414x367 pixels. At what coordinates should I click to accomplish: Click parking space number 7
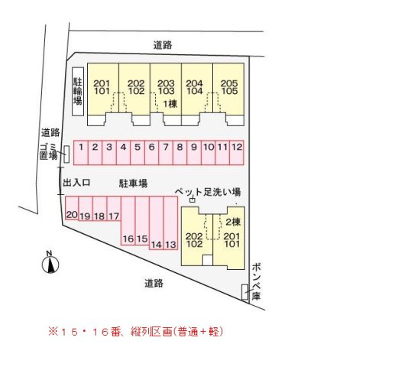point(166,153)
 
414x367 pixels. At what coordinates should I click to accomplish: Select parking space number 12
point(237,153)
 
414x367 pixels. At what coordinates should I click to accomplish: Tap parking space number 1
point(81,153)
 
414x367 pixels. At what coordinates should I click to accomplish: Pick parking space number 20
point(72,208)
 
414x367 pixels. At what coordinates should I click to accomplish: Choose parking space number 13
point(170,222)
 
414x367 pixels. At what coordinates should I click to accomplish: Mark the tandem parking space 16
point(128,221)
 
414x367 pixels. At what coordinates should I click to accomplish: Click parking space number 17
point(114,208)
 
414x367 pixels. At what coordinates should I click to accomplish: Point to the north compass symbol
point(50,265)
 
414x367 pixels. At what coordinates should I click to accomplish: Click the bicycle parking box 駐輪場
point(78,91)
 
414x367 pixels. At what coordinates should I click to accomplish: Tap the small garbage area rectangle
point(66,154)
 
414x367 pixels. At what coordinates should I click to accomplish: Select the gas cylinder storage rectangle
point(245,292)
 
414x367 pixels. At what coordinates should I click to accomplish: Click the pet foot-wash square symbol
point(192,200)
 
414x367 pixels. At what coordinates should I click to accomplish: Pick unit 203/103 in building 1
point(166,94)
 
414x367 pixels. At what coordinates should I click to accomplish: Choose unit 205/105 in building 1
point(228,94)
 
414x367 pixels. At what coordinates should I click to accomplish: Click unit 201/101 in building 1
point(102,94)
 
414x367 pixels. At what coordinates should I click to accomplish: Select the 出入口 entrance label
point(76,183)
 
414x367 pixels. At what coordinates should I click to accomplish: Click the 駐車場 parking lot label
point(133,183)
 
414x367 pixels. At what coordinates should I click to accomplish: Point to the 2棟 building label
point(233,222)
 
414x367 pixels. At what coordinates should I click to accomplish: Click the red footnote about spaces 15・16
point(136,332)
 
